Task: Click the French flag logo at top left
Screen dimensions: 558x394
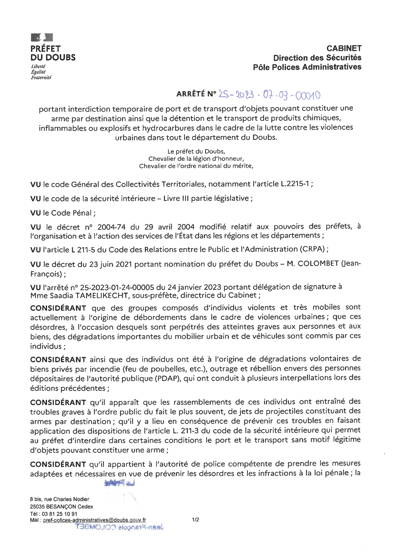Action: click(x=42, y=38)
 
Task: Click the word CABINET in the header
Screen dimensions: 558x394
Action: click(x=344, y=48)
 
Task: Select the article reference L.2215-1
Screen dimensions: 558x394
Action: click(x=294, y=184)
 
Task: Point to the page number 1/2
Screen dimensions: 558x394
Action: click(x=195, y=520)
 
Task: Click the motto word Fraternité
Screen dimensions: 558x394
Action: click(x=41, y=77)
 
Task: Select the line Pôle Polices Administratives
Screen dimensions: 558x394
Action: click(x=307, y=67)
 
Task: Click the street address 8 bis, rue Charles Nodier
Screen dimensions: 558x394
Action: click(x=59, y=499)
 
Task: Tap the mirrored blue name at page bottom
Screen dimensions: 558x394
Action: click(x=120, y=527)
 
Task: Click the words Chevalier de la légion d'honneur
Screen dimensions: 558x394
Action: click(x=196, y=159)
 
